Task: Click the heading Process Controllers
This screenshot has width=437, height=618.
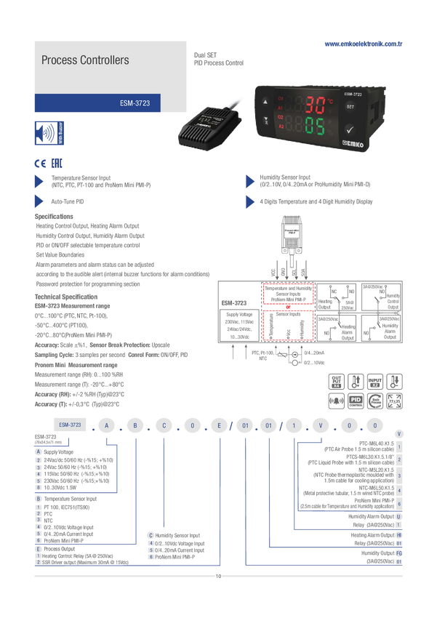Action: click(85, 60)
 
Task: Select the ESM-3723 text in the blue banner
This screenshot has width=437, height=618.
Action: click(135, 104)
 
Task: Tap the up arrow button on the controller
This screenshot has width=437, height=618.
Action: click(265, 102)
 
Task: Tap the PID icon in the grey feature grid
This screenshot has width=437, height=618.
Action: click(356, 400)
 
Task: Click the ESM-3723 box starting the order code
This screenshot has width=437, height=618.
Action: click(70, 424)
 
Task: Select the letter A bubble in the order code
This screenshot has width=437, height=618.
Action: click(107, 424)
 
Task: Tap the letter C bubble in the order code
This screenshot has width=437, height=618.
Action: click(164, 424)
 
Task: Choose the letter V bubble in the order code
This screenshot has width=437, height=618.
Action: click(320, 424)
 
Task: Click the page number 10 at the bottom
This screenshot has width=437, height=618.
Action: click(218, 577)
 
